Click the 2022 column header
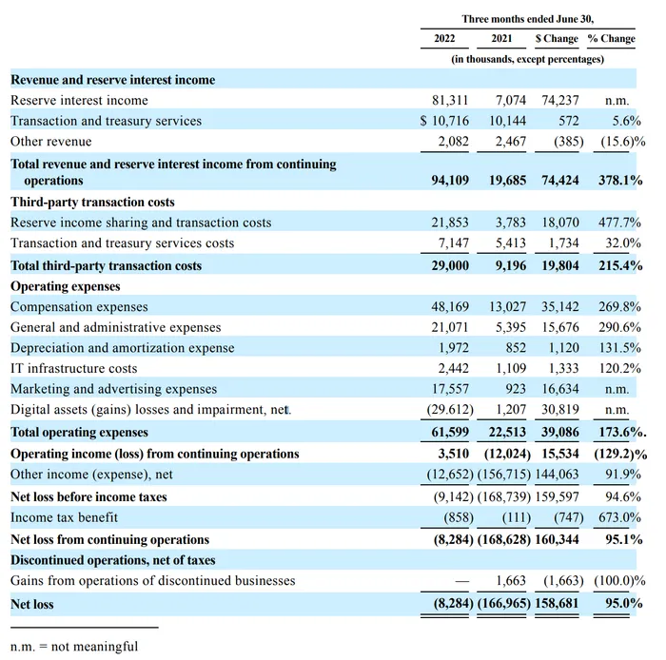[444, 39]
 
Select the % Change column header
[611, 39]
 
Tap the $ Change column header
[557, 39]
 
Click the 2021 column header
[501, 39]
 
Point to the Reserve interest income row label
[79, 101]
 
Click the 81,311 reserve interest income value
[450, 101]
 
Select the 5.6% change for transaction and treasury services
[626, 121]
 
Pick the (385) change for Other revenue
[568, 142]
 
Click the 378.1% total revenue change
[620, 181]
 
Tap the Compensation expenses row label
[79, 307]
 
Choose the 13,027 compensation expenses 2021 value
[507, 307]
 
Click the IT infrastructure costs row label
[74, 368]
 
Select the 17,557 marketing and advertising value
[450, 389]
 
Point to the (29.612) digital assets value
[450, 410]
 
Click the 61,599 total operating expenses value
[450, 432]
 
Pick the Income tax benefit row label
[64, 517]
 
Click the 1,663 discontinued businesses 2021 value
[511, 581]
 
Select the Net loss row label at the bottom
[31, 604]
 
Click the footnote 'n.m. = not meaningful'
[74, 647]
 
